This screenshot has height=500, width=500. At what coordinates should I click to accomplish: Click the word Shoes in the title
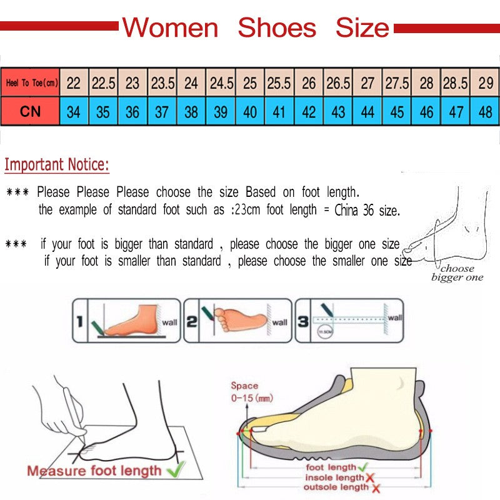pos(277,28)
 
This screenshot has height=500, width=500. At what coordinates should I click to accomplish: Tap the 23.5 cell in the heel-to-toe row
pos(162,82)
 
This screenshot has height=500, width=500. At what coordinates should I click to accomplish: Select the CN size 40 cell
pos(250,112)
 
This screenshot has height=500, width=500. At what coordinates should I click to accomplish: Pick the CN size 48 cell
pos(486,112)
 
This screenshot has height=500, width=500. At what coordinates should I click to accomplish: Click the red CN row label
pos(31,112)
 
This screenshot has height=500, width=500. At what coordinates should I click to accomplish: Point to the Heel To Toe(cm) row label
pos(31,82)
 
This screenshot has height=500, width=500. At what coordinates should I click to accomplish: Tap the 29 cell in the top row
pos(486,82)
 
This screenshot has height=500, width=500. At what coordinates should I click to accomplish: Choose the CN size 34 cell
pos(74,112)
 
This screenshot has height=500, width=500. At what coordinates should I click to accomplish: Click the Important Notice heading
pos(57,165)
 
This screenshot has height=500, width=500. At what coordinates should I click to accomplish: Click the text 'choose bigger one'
pos(457,273)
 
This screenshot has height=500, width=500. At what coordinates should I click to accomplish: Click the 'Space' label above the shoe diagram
pos(244,386)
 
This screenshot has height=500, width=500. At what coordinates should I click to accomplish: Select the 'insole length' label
pos(333,477)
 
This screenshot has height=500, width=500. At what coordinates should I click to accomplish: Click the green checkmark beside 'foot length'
pos(362,466)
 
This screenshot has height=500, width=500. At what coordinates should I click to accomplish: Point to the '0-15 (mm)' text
pos(251,397)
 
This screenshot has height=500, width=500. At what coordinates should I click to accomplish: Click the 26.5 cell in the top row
pos(338,82)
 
